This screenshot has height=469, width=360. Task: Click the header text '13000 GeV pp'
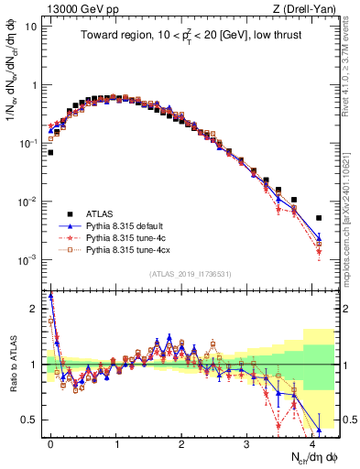point(71,8)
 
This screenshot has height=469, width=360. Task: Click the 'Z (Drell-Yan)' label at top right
point(308,8)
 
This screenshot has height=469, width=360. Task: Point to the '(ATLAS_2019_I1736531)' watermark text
point(190,275)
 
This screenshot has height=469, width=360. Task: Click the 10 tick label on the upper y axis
point(29,26)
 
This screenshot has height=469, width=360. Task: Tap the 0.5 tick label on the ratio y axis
point(29,420)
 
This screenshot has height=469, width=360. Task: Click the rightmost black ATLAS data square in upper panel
point(319,218)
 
